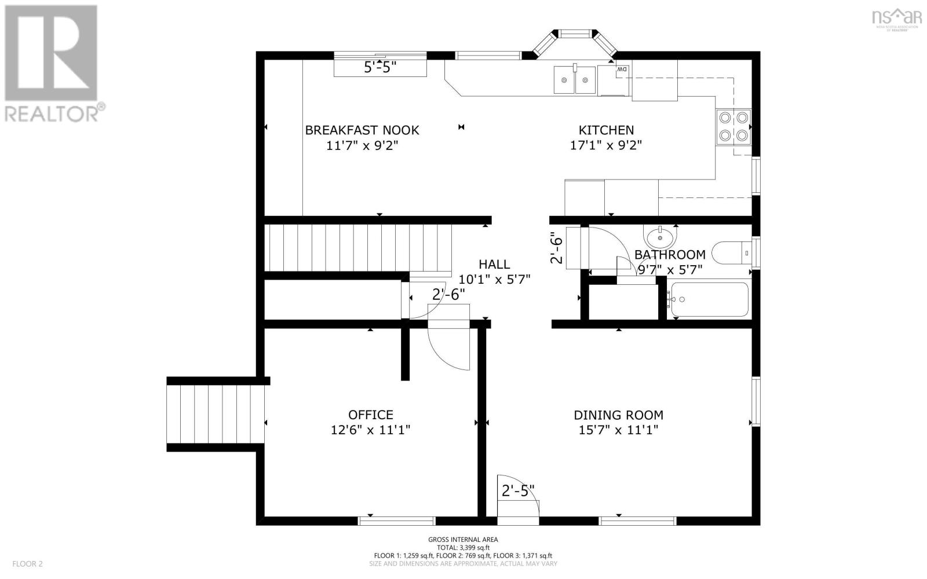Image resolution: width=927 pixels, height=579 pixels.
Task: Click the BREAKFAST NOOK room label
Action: pyautogui.click(x=362, y=130)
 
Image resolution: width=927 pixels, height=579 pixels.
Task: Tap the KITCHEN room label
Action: pyautogui.click(x=606, y=130)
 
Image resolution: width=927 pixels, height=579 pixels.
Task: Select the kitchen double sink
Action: pyautogui.click(x=574, y=80)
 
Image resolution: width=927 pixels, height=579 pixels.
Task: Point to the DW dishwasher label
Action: pyautogui.click(x=622, y=69)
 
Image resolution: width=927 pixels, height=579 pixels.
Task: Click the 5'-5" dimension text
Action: pyautogui.click(x=379, y=68)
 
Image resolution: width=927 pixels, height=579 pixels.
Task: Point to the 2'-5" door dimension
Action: pyautogui.click(x=518, y=491)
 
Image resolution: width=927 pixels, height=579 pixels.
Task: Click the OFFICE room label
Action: pyautogui.click(x=370, y=415)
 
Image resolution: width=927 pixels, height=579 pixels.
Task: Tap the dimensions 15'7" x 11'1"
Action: pyautogui.click(x=618, y=430)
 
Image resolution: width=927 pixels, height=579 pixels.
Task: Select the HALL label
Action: pyautogui.click(x=494, y=264)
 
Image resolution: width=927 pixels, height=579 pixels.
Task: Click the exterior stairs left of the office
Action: pyautogui.click(x=216, y=414)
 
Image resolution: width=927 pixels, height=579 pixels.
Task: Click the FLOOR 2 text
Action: pyautogui.click(x=27, y=563)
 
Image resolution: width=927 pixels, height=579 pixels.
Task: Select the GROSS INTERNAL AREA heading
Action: pyautogui.click(x=463, y=540)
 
